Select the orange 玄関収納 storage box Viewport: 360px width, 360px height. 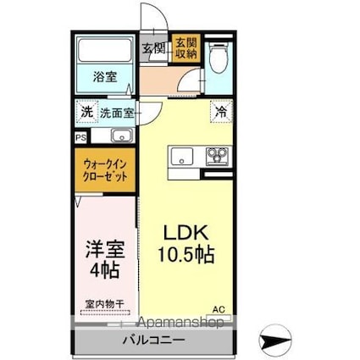coord(186,49)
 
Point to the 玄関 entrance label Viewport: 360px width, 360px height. coord(153,49)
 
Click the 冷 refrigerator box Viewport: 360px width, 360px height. coord(220,110)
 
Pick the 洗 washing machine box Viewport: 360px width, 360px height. coord(86,112)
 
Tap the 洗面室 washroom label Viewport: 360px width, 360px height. coord(117,112)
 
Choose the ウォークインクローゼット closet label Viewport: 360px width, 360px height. coord(106,170)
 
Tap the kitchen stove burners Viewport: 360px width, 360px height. coord(218,156)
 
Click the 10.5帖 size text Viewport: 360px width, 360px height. coord(186,254)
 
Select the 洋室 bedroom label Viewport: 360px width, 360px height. coord(105,251)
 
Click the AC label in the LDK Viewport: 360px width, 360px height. coord(219,308)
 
